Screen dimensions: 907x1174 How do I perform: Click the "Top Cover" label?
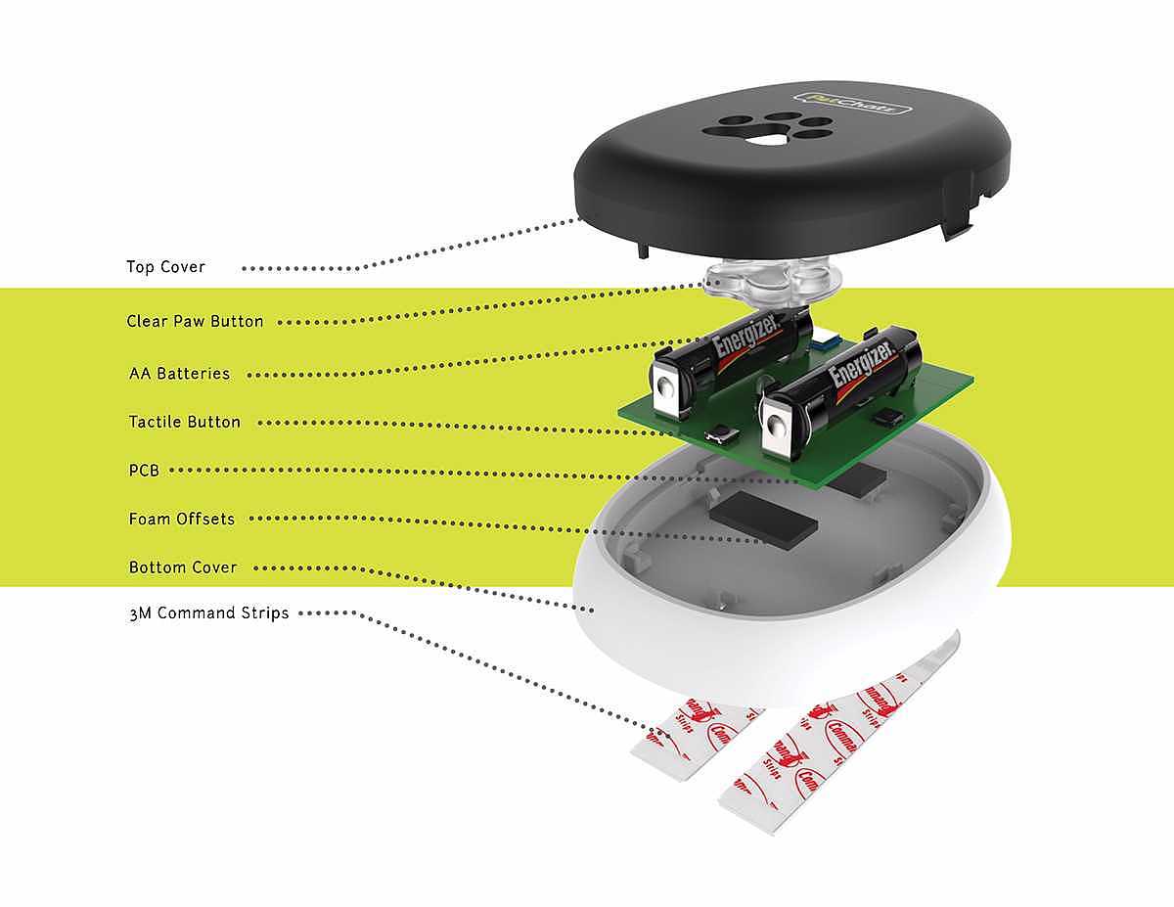[x=165, y=267]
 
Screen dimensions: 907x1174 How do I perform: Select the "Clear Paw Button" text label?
[x=195, y=321]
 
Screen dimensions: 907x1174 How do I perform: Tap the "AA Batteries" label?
[x=179, y=374]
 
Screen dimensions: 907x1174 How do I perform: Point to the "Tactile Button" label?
[x=184, y=423]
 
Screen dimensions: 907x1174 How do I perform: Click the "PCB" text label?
[x=144, y=471]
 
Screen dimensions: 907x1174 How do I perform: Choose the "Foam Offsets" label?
[x=182, y=519]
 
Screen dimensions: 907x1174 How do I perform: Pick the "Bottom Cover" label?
[x=183, y=567]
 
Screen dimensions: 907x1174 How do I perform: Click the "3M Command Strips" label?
[x=208, y=614]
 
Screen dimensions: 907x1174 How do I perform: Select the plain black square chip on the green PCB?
[x=886, y=418]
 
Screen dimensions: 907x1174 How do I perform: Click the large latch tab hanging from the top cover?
[x=959, y=220]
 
